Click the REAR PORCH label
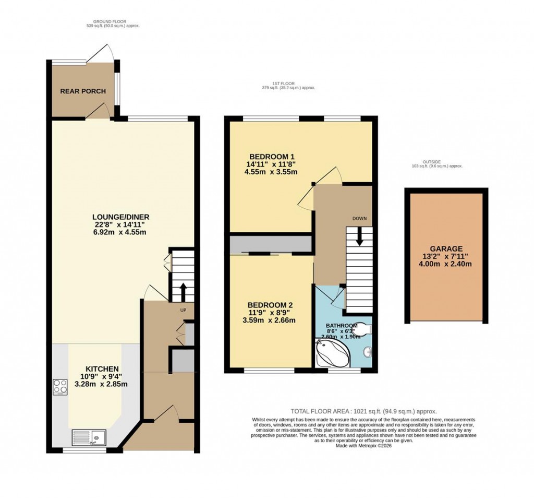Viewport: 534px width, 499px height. point(83,91)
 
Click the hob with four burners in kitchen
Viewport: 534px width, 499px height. point(60,387)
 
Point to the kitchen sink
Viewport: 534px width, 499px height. point(89,436)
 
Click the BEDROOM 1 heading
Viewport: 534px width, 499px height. point(272,156)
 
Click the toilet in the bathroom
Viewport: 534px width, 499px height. point(362,328)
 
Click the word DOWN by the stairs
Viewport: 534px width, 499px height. point(359,218)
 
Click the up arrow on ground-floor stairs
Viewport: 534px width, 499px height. point(183,290)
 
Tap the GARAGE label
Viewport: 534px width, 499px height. point(446,249)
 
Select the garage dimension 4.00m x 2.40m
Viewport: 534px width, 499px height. point(446,264)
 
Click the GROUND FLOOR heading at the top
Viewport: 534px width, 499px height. point(113,22)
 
